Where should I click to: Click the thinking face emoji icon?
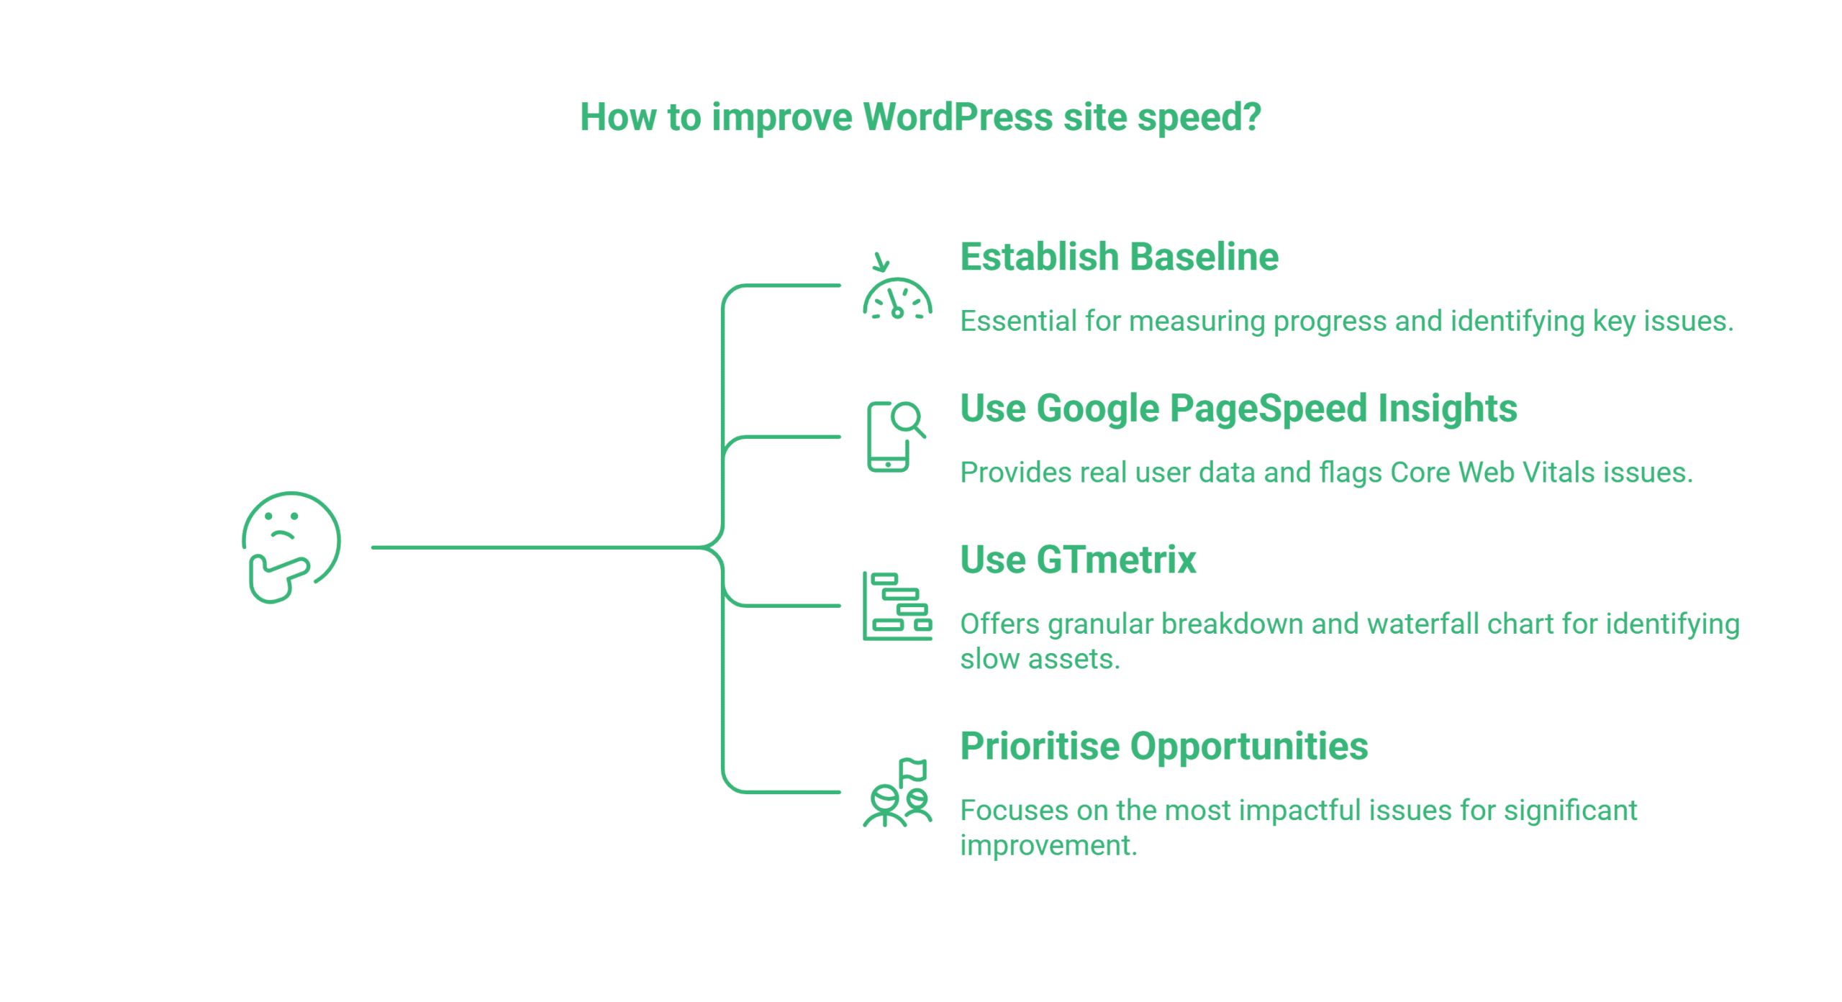coord(291,547)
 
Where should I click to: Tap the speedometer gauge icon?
coord(897,299)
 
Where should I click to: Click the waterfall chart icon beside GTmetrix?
coord(897,606)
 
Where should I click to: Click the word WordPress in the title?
coord(957,117)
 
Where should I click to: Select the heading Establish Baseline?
coord(1119,258)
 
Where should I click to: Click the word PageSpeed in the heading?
coord(1268,409)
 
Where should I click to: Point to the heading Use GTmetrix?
coord(1078,560)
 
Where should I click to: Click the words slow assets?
coord(1039,659)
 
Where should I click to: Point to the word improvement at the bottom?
coord(1048,845)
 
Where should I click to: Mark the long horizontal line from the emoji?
coord(532,548)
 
